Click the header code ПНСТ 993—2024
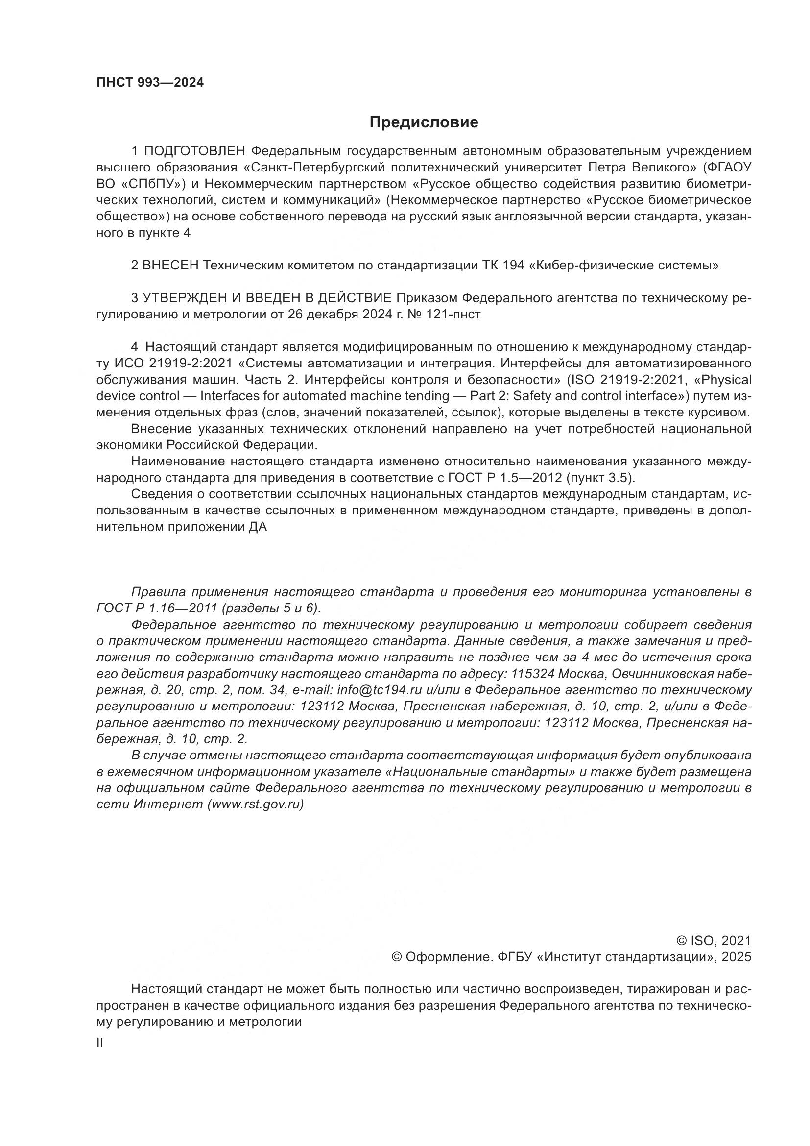click(x=150, y=83)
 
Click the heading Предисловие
click(x=424, y=122)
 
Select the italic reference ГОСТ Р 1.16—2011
click(x=157, y=609)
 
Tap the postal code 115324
click(x=533, y=674)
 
